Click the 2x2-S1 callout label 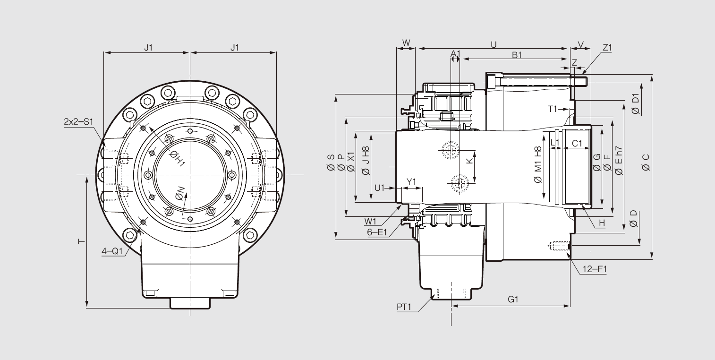79,121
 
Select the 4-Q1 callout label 112,251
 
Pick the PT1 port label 404,307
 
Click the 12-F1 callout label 594,269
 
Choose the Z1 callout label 607,48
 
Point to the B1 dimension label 517,55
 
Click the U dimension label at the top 494,44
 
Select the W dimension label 406,43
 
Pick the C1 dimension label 577,143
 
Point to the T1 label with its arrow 553,109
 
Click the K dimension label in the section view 469,161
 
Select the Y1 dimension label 411,182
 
